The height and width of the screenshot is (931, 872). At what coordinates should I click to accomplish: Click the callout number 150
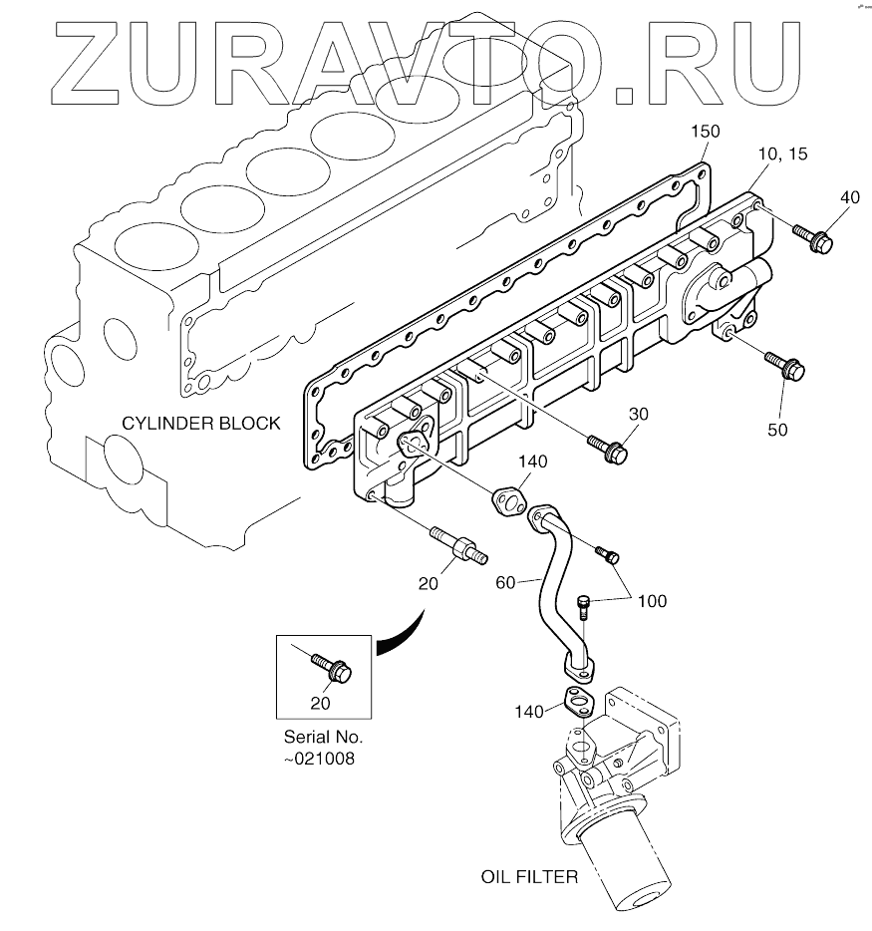click(705, 132)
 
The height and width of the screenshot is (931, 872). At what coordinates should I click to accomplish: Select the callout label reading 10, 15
click(782, 155)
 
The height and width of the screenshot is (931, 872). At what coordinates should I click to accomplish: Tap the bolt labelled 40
click(812, 238)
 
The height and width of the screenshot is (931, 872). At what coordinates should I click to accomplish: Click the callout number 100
click(652, 601)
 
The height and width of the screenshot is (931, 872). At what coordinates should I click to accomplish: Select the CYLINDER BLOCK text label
click(201, 423)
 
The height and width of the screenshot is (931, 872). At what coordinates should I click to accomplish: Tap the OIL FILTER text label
click(529, 878)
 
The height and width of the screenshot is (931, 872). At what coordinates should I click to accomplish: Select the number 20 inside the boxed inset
click(320, 703)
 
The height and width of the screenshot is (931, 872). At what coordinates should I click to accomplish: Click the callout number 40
click(850, 197)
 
